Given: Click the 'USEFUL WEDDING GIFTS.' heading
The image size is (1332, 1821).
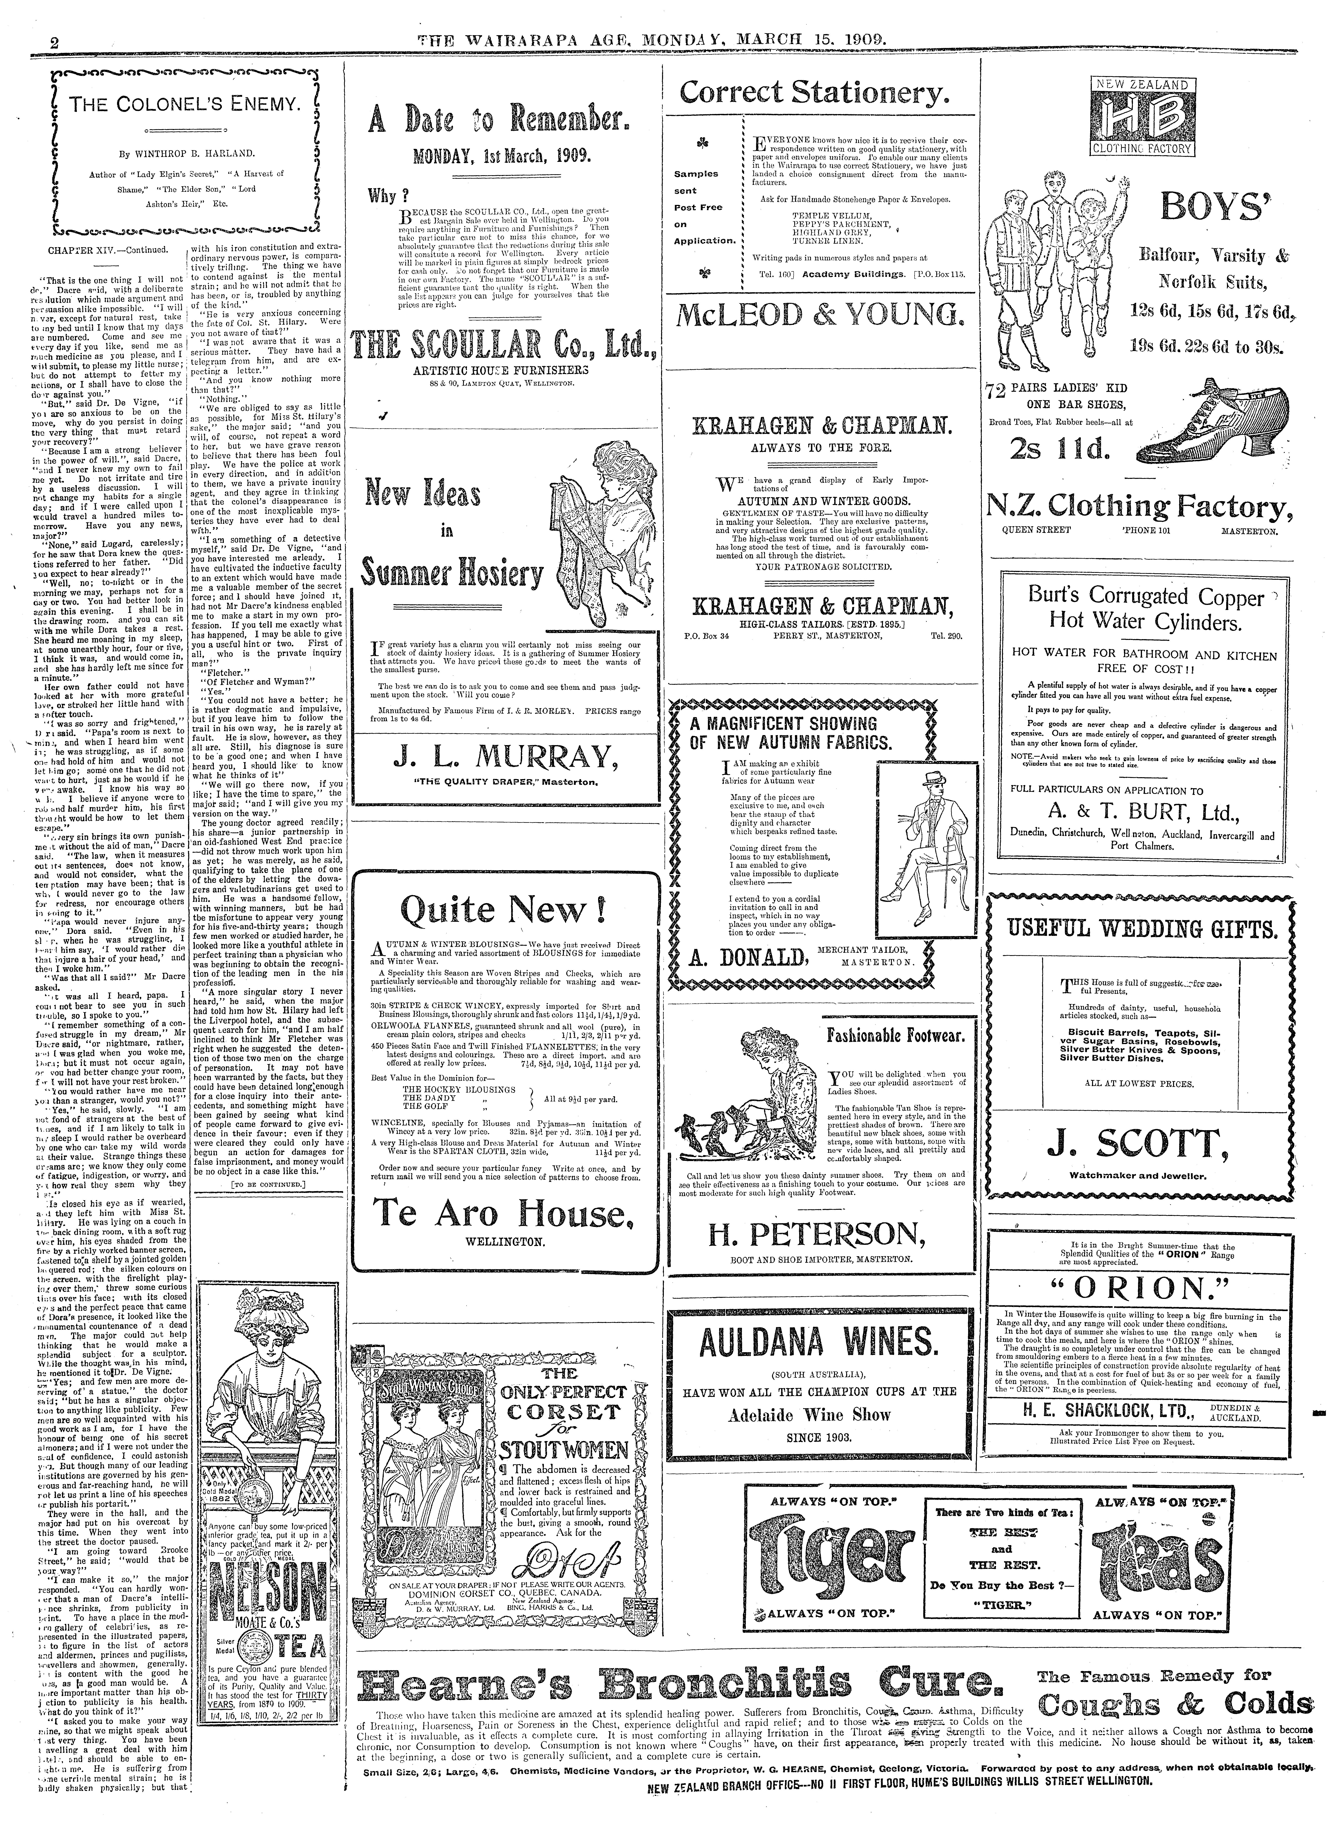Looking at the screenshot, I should click(x=1142, y=931).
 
